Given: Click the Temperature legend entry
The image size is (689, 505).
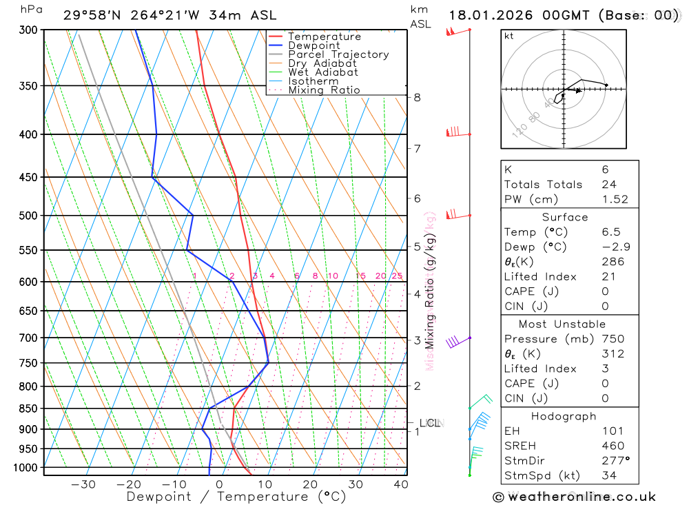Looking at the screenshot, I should click(x=324, y=37).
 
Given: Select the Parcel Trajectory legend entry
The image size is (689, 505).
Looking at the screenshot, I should click(x=338, y=54).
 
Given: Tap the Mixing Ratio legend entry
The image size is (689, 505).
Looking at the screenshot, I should click(x=324, y=90).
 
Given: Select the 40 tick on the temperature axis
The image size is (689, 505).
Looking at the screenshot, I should click(x=400, y=484).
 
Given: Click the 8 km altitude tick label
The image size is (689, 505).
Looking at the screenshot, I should click(x=417, y=97).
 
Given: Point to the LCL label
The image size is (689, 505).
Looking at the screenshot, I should click(x=429, y=423).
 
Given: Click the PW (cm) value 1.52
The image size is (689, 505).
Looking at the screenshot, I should click(x=615, y=199).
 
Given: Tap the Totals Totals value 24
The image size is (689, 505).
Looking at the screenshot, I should click(x=608, y=184).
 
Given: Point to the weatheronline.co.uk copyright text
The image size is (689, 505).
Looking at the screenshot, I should click(x=574, y=497).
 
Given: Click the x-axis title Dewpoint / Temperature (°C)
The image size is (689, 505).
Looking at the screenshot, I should click(x=236, y=497).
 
